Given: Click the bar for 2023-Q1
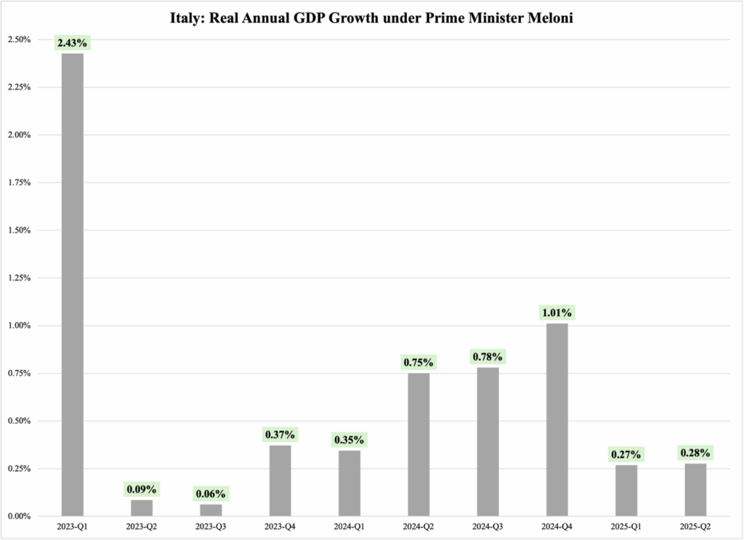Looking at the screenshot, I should pos(73,283).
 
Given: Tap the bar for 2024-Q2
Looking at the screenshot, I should pos(418,444).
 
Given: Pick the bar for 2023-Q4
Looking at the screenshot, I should pos(280,480).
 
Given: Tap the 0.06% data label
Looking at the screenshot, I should pos(211,494).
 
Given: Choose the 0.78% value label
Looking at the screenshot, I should pos(488,358).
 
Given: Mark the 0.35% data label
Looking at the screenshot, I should pos(349,440).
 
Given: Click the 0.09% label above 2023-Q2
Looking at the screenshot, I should pos(142,489).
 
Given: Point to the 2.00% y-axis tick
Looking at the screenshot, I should pos(20,135).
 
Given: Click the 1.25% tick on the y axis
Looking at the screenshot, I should pos(20,278).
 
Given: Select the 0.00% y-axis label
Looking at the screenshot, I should pos(20,516).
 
